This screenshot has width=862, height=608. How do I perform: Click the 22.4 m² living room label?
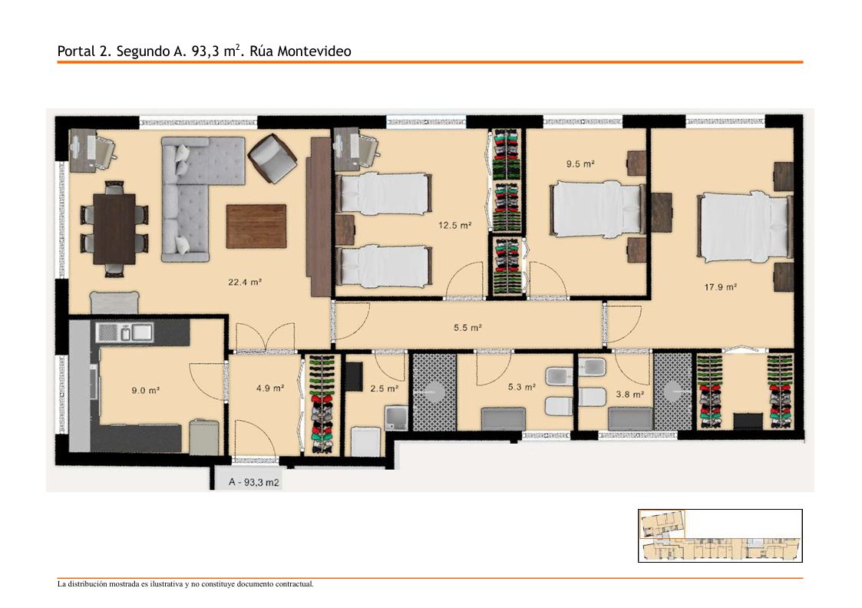[x=245, y=282]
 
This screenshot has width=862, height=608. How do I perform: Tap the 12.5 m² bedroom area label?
[x=454, y=225]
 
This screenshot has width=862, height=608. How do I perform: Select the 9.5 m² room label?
[x=580, y=164]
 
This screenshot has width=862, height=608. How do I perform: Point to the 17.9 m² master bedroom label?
[x=720, y=286]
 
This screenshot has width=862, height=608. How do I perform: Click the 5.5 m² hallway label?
[x=467, y=328]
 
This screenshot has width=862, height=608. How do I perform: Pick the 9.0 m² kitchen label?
[x=145, y=390]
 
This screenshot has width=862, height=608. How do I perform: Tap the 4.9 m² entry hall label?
[x=270, y=388]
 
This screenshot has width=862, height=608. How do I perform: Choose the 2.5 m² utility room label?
[x=384, y=388]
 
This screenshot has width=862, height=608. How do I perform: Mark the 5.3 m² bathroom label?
[x=522, y=387]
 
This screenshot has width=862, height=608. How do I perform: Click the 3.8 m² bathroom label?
[x=629, y=394]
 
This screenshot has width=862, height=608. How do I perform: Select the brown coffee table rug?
[x=256, y=226]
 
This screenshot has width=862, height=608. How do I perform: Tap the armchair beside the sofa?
[x=272, y=158]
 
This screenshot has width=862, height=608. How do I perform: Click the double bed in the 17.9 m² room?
[x=745, y=226]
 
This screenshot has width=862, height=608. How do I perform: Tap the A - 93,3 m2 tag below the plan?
[x=253, y=482]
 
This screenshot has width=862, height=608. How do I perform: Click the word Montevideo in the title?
[x=314, y=51]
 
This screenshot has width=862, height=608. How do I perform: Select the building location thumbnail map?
[x=720, y=535]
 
